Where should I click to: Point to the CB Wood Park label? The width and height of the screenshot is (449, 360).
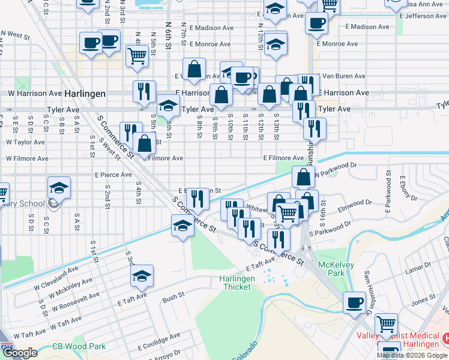[79, 346]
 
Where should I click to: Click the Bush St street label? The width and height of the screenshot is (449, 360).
[173, 296]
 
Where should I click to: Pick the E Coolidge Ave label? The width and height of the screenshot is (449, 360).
[159, 346]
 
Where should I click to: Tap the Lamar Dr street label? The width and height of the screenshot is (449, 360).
[415, 271]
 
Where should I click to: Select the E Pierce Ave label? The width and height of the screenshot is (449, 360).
[113, 175]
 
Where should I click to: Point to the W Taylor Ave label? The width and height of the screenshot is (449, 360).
[25, 143]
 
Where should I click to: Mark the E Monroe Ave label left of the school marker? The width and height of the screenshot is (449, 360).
[209, 44]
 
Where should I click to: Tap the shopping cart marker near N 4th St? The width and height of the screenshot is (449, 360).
[137, 56]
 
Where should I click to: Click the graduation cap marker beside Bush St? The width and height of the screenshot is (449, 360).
[142, 275]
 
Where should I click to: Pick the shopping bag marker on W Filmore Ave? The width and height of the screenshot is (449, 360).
[145, 143]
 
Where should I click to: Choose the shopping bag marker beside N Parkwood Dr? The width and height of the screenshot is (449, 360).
[303, 176]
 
